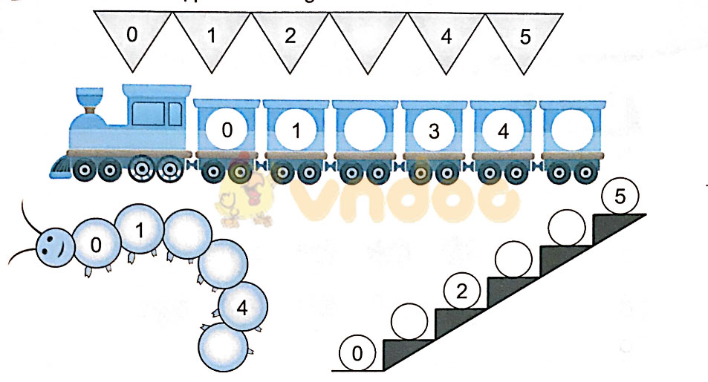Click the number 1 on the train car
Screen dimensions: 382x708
tap(296, 131)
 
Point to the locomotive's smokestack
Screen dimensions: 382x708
tap(91, 99)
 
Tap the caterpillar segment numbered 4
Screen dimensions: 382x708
tap(243, 308)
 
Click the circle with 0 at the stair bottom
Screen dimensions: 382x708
tap(357, 354)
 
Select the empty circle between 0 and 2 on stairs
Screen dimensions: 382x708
tap(409, 323)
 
